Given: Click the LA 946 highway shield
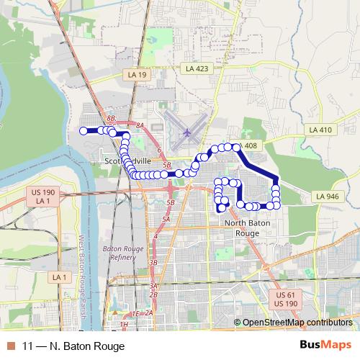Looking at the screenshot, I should (327, 196).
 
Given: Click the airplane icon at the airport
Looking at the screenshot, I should (187, 132).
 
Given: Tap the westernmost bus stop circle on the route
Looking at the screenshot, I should (83, 131).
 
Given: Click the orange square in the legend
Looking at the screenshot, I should (10, 345).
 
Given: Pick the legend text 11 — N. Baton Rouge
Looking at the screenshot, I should (69, 345).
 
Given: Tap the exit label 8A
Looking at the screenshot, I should (140, 125).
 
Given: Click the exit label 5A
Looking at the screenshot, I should (166, 219).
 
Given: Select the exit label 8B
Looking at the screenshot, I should (110, 117).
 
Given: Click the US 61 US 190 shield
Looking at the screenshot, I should (287, 300).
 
